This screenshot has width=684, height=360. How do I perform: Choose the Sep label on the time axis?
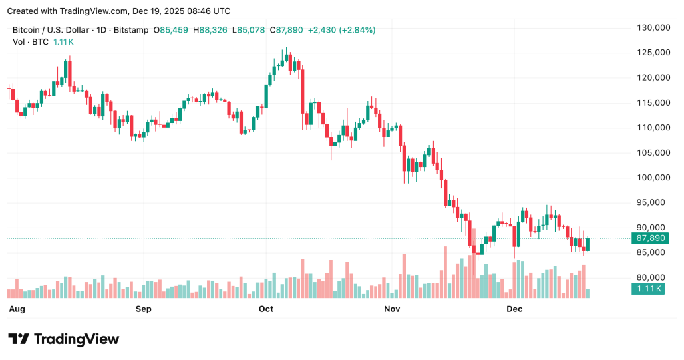143,309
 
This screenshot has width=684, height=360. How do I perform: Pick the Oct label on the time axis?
266,309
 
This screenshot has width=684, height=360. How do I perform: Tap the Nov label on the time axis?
392,309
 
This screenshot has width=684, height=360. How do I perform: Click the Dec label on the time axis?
514,309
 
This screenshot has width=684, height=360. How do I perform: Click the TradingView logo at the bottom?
63,339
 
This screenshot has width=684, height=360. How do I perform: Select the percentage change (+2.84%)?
357,30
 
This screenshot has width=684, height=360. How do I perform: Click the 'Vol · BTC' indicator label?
31,41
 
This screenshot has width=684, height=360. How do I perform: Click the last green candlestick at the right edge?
588,244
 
